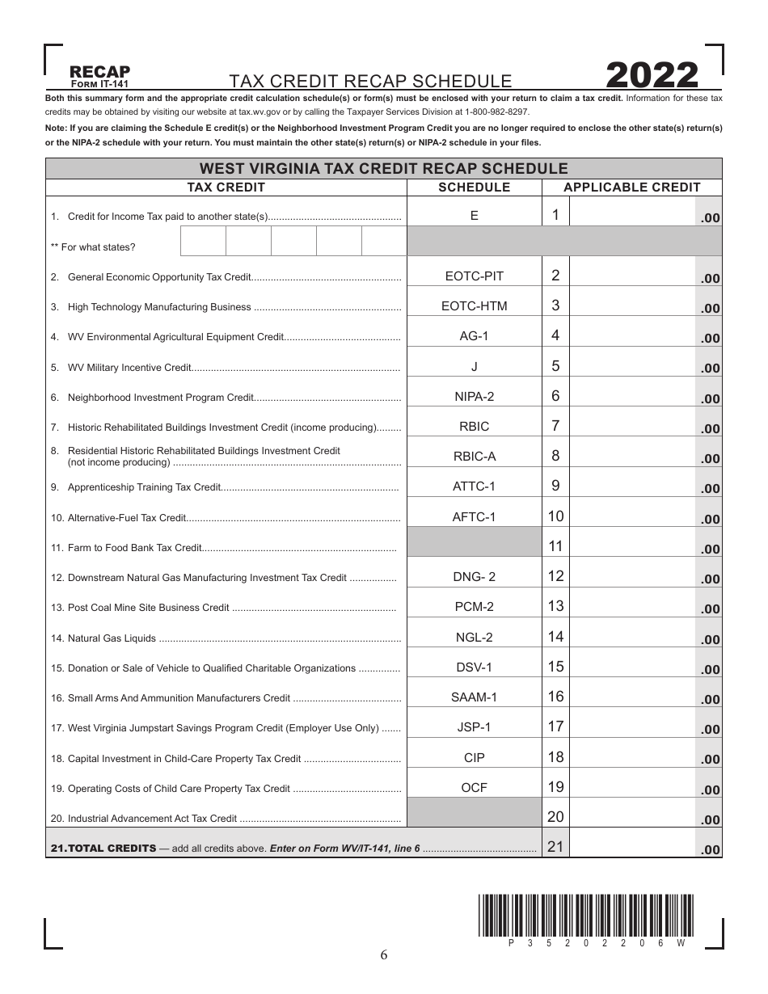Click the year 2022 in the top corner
pyautogui.click(x=652, y=76)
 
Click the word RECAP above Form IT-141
pyautogui.click(x=99, y=72)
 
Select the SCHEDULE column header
pyautogui.click(x=474, y=187)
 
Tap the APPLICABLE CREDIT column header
pyautogui.click(x=631, y=187)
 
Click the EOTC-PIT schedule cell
pyautogui.click(x=474, y=276)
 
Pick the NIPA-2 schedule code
pyautogui.click(x=474, y=396)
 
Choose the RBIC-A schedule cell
pyautogui.click(x=474, y=457)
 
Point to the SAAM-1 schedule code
pyautogui.click(x=474, y=697)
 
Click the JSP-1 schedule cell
pyautogui.click(x=474, y=727)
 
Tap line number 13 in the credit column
pyautogui.click(x=555, y=606)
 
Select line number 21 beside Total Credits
pyautogui.click(x=555, y=847)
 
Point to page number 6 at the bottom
pyautogui.click(x=384, y=955)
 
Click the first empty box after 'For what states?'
pyautogui.click(x=203, y=242)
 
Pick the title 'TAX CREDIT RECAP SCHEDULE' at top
pyautogui.click(x=370, y=81)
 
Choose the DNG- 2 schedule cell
pyautogui.click(x=474, y=576)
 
